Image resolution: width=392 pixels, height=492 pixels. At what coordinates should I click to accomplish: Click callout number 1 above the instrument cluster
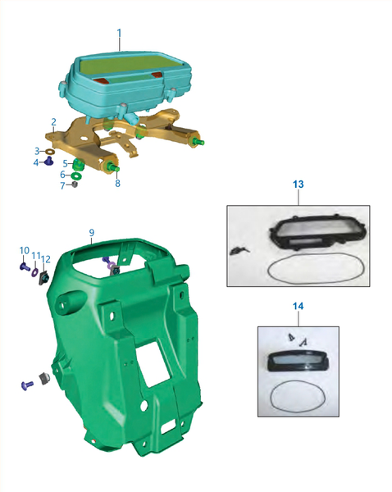coord(119,34)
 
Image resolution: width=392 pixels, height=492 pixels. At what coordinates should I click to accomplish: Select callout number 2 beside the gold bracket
coord(53,121)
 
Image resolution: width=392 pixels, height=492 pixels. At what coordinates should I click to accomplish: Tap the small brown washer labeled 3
coord(50,152)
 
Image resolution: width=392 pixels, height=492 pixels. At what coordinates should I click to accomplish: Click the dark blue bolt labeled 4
coord(49,162)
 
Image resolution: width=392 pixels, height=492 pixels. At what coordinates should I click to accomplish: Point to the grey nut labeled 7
coord(75,184)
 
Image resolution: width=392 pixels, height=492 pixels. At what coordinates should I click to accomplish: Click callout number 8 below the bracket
coord(117,183)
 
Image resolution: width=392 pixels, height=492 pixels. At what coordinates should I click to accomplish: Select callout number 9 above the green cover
coord(91,233)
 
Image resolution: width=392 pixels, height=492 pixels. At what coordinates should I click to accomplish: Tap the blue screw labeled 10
coord(25,267)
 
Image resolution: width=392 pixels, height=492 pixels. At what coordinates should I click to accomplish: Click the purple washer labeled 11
coord(34,271)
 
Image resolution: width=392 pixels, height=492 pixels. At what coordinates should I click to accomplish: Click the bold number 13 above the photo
coord(299,184)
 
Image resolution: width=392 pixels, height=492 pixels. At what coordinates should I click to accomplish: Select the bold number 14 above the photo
coord(299,306)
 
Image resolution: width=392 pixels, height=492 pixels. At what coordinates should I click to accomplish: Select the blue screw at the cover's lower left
coord(27,385)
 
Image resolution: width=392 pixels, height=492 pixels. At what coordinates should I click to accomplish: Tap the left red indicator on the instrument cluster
coord(100,81)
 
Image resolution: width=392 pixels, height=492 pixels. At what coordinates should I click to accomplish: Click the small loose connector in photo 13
coord(239,250)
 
